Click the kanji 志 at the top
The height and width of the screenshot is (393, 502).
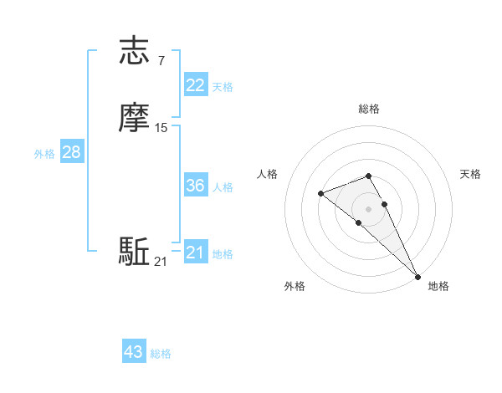pos(135,51)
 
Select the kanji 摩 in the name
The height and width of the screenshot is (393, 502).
pos(135,118)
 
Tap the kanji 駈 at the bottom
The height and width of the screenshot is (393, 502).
pos(135,252)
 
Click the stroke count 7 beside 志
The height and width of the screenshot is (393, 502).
pos(161,60)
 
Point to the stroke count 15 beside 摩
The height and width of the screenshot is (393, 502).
pos(161,127)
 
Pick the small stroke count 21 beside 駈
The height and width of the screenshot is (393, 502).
pos(161,262)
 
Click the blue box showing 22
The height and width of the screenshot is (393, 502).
pos(195,85)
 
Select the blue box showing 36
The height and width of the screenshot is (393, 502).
pos(195,186)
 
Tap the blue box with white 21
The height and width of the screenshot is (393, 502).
pos(195,252)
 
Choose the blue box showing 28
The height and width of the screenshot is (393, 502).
pos(71,152)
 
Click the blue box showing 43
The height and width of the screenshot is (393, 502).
pos(133,352)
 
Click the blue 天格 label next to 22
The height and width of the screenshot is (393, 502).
pos(223,87)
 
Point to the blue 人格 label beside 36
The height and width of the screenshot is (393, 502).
pos(223,187)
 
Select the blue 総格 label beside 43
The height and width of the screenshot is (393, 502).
pos(161,354)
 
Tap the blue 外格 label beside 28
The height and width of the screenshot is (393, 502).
pos(44,154)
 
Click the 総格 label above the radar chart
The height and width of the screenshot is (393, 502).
pos(369,109)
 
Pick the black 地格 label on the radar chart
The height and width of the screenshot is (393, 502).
pos(438,286)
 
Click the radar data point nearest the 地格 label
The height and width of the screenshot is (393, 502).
pos(417,276)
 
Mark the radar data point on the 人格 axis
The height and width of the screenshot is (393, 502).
pos(321,194)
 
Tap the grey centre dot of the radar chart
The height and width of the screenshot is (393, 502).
pos(369,208)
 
